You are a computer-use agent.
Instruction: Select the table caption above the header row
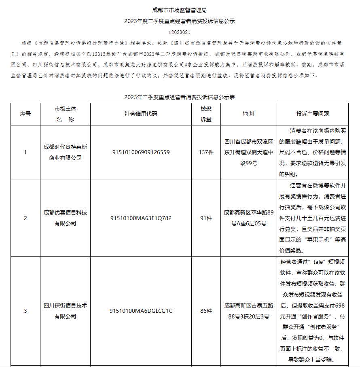click(x=180, y=97)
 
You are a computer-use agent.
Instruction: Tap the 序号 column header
click(x=25, y=114)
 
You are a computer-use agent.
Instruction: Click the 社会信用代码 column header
click(x=141, y=114)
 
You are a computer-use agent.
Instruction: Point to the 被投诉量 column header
click(x=206, y=114)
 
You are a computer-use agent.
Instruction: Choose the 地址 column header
click(x=249, y=114)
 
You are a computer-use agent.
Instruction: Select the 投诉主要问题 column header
click(x=312, y=114)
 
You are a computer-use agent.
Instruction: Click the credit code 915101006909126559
click(x=141, y=153)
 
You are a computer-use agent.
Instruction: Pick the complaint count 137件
click(x=206, y=153)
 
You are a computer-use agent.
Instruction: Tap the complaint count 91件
click(x=206, y=218)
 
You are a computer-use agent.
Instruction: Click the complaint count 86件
click(x=206, y=311)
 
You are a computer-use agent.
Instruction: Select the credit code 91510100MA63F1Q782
click(x=141, y=218)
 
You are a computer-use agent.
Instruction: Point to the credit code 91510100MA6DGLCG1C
click(x=141, y=311)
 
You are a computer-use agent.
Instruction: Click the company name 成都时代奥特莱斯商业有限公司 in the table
click(x=65, y=153)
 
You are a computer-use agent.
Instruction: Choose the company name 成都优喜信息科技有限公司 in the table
click(x=65, y=218)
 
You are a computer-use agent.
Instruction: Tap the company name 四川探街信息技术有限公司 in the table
click(x=65, y=311)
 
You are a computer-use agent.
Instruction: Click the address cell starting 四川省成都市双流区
click(x=249, y=153)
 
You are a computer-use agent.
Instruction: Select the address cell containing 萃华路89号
click(x=249, y=218)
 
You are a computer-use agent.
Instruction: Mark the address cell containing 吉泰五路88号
click(x=249, y=311)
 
